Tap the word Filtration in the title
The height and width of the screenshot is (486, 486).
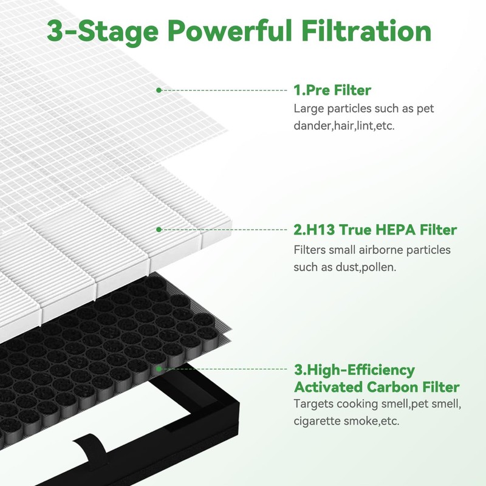click(368, 31)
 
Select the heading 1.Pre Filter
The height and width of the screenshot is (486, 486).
click(332, 91)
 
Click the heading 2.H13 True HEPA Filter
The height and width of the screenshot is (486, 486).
click(375, 230)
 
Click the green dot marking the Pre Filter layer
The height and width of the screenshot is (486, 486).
click(159, 90)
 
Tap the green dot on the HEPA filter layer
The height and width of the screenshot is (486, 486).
click(159, 230)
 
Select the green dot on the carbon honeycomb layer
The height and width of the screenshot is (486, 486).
click(159, 368)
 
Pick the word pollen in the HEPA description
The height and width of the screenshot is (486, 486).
click(374, 267)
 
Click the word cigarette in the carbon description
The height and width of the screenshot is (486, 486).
click(318, 421)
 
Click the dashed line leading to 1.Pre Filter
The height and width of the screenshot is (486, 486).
click(225, 90)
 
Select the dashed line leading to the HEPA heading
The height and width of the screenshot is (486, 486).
click(225, 230)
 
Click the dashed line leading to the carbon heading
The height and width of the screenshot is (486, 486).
click(225, 368)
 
